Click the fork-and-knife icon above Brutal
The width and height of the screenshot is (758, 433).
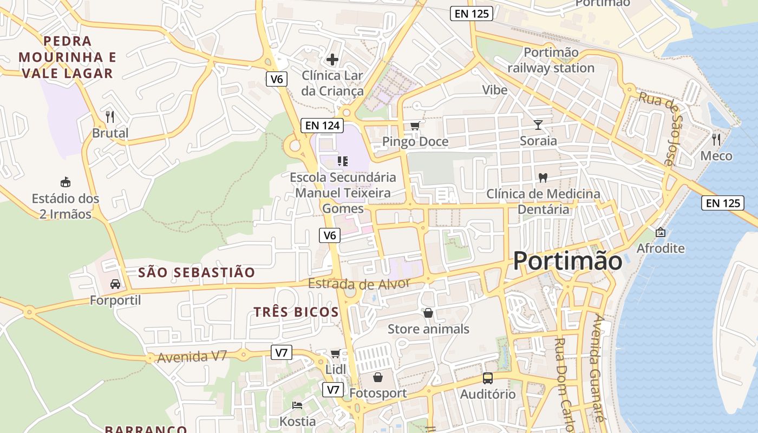(110, 116)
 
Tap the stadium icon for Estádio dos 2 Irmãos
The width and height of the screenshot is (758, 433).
(66, 182)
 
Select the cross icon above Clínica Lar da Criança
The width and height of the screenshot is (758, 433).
(332, 59)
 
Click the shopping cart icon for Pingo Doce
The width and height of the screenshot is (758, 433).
(415, 126)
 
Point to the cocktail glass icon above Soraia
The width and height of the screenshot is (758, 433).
(538, 125)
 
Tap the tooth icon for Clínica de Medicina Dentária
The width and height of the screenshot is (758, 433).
(543, 178)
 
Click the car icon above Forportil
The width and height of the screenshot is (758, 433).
(115, 284)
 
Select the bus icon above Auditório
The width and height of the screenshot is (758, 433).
(487, 378)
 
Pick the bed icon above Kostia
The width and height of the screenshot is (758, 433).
(297, 405)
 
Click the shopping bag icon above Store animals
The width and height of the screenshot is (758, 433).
(428, 313)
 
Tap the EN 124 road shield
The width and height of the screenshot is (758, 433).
(323, 126)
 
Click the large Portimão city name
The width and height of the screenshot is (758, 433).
(567, 261)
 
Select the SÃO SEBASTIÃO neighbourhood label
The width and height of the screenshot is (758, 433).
(197, 272)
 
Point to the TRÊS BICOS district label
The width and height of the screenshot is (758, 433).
(296, 312)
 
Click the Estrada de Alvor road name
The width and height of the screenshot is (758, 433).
(359, 284)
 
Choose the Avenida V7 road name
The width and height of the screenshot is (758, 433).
(192, 357)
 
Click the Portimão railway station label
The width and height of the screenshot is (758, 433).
(551, 60)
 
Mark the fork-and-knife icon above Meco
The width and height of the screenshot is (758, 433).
(716, 140)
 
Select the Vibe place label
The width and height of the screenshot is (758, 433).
(495, 90)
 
